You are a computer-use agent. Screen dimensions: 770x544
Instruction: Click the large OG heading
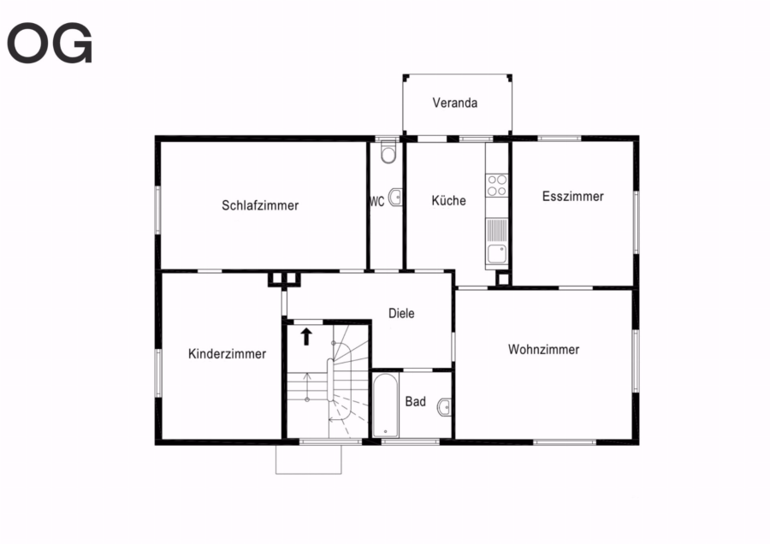coord(50,43)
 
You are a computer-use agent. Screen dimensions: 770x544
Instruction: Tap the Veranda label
coord(455,103)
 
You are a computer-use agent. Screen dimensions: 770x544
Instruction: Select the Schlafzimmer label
coord(260,205)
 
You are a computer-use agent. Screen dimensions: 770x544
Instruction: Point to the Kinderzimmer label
coord(227,353)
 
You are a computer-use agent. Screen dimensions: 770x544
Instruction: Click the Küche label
coord(449,200)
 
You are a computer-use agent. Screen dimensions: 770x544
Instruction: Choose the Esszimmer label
coord(572,197)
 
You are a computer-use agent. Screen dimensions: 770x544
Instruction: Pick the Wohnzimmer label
coord(543,350)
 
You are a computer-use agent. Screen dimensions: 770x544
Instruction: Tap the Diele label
coord(401,313)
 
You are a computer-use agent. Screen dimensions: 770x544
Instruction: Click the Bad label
coord(416,402)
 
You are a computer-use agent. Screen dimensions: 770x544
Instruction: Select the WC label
coord(376,201)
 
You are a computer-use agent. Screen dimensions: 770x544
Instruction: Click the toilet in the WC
coord(388,151)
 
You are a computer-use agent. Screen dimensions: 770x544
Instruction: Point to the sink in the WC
coord(395,198)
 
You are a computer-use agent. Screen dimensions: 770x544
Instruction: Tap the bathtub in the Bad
coord(386,405)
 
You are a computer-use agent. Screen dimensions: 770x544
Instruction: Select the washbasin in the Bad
coord(444,407)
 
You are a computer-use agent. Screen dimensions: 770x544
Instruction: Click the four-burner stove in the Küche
coord(497,185)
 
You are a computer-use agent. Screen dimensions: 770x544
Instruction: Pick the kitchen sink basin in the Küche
coord(496,254)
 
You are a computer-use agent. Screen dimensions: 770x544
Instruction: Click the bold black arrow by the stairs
coord(306,336)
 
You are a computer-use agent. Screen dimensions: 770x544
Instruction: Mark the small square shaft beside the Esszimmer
coord(503,279)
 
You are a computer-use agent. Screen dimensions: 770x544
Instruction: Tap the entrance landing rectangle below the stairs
coord(308,459)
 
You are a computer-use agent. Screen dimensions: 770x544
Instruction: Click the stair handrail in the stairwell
coord(330,380)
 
